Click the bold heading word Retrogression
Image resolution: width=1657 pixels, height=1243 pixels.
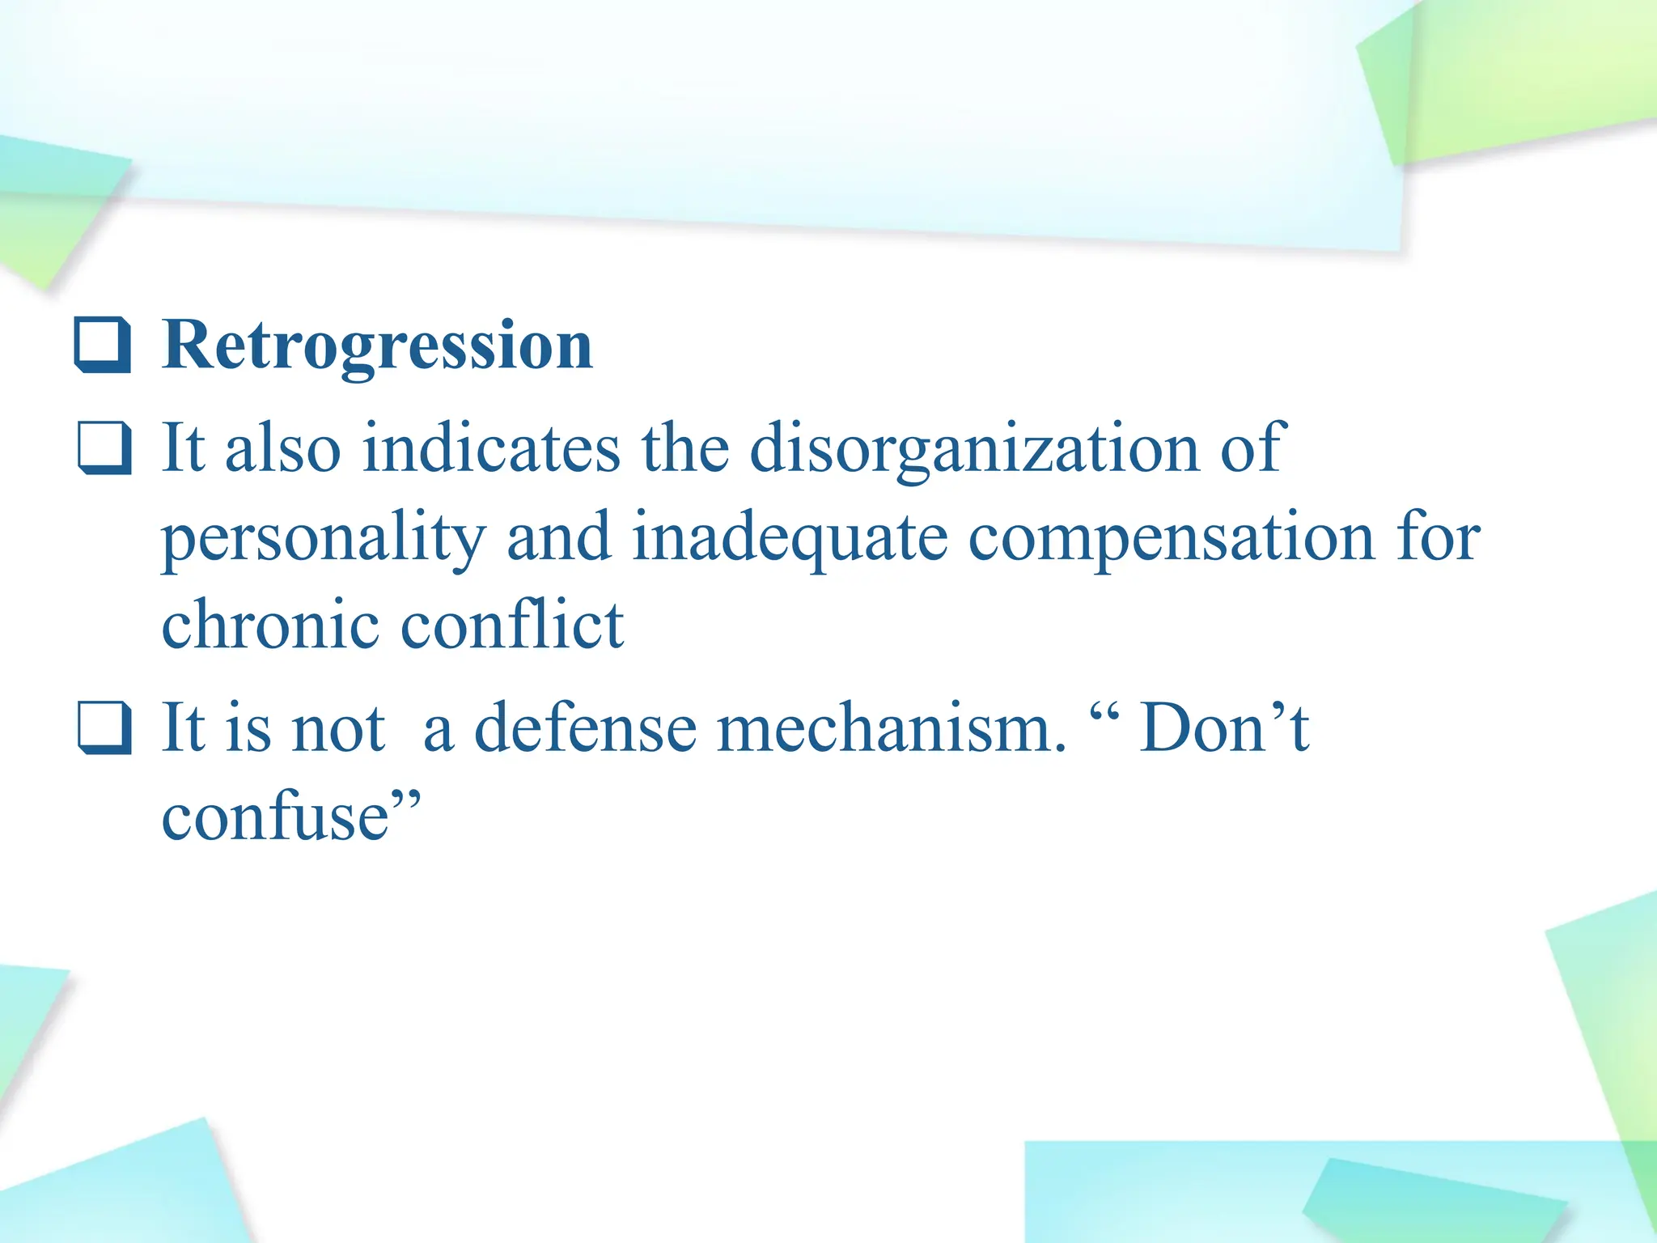click(x=377, y=346)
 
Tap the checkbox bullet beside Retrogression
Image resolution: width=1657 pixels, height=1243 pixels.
click(x=103, y=346)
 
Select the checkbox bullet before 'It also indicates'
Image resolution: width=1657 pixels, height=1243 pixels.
click(x=104, y=448)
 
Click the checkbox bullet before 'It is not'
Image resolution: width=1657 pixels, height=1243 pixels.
click(x=104, y=728)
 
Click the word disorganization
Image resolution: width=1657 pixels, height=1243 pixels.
click(x=974, y=450)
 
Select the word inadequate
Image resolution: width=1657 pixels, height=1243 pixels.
click(x=790, y=539)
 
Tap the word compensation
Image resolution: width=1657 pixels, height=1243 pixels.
click(x=1171, y=539)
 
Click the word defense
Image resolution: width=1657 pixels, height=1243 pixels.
click(x=584, y=729)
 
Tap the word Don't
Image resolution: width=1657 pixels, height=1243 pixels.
click(x=1224, y=728)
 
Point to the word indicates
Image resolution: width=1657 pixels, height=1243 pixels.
click(x=491, y=450)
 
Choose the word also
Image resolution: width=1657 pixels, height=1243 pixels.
click(x=282, y=450)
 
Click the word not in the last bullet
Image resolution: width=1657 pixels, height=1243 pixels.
click(x=337, y=729)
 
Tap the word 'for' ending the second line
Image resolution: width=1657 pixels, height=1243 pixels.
click(x=1439, y=539)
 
